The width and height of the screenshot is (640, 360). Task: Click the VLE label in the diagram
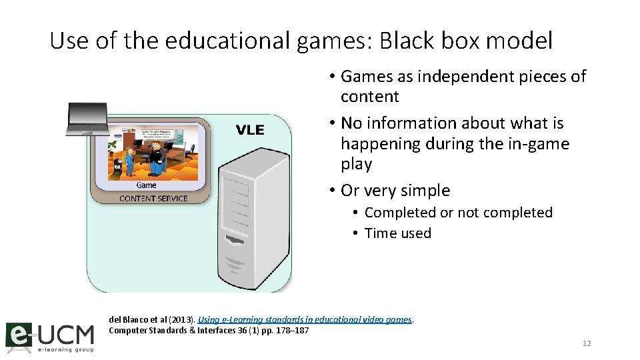point(249,130)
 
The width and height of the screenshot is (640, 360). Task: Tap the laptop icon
point(87,119)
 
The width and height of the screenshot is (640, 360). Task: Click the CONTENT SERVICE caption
point(153,198)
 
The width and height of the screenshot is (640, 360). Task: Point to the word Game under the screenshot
point(147,185)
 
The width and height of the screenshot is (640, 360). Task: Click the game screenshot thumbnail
point(153,153)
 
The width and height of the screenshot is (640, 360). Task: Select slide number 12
point(587,343)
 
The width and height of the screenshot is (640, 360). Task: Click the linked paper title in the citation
point(305,320)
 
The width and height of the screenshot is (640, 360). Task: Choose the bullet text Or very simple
point(395,191)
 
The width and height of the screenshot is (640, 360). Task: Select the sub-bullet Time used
point(398,233)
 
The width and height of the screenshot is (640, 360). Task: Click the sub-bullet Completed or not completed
point(459,213)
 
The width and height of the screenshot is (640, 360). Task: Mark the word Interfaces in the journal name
point(199,330)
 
